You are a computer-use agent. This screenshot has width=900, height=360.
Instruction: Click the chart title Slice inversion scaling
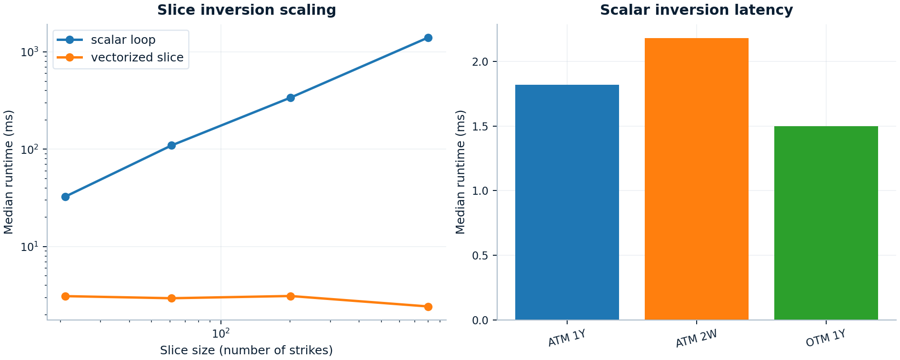(246, 10)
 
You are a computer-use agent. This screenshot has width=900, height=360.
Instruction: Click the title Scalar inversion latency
(696, 10)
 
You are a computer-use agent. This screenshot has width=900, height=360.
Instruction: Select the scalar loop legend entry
(123, 40)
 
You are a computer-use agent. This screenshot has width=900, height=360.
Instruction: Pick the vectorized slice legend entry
(137, 58)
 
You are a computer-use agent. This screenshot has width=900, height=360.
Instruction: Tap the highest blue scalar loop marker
(428, 38)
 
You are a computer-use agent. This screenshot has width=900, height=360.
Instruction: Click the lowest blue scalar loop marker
(66, 197)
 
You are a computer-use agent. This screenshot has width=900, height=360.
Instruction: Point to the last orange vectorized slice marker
(428, 307)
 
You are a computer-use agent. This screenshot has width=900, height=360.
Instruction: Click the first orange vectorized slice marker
(66, 296)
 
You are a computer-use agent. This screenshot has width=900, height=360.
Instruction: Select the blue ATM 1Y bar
(567, 202)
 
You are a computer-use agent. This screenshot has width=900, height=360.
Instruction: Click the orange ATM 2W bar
(696, 179)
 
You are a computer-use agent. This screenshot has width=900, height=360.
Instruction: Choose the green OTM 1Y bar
(826, 223)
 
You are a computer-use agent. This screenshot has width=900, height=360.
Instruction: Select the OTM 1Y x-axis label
(826, 339)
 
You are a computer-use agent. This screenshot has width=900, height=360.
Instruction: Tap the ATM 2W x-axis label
(696, 339)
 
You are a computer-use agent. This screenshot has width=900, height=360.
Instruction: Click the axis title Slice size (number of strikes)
(246, 350)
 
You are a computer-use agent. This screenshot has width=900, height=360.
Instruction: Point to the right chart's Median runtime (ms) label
(460, 172)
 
